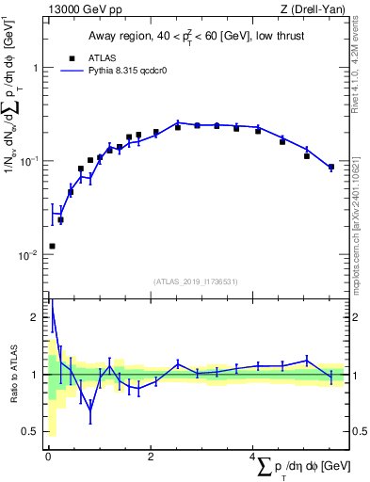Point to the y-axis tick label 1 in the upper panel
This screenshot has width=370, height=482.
(35, 69)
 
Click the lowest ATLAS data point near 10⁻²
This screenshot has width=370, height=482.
(52, 246)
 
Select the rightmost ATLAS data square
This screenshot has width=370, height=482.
(330, 168)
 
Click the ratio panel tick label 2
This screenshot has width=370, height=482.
(35, 318)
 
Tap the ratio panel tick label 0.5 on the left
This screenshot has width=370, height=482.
(31, 431)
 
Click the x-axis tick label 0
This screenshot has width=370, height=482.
(47, 458)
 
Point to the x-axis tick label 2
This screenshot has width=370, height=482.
(150, 458)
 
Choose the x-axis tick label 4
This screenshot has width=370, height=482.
(252, 458)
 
